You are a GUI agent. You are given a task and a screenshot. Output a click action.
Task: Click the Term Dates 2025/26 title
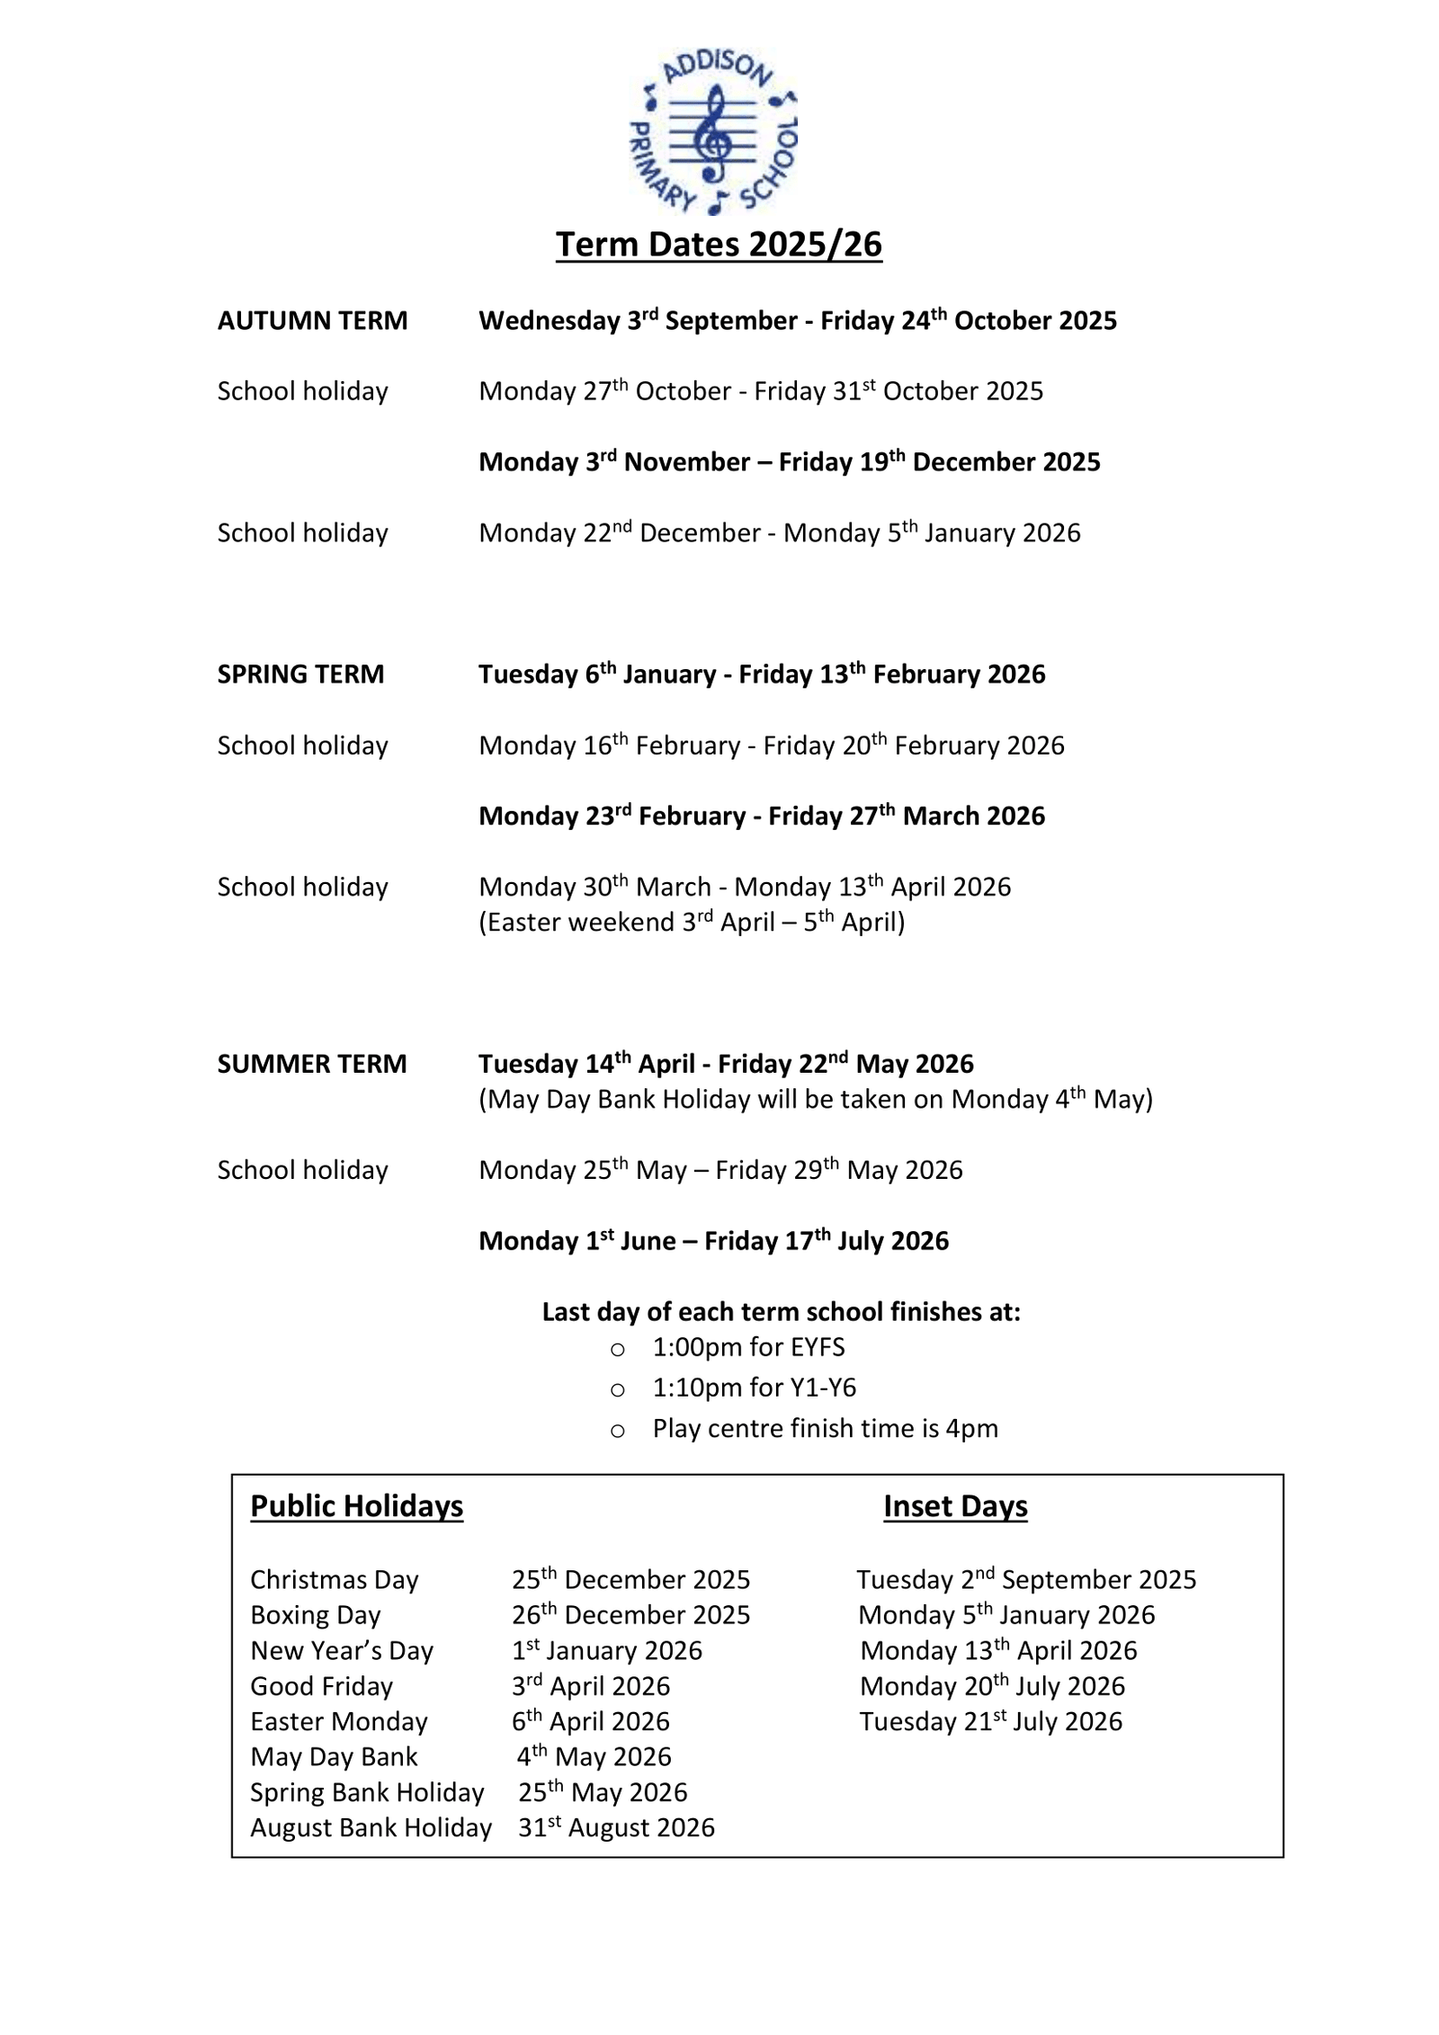(719, 245)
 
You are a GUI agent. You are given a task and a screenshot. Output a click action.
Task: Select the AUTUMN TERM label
(312, 321)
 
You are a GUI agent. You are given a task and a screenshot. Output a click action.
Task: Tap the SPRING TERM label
(300, 674)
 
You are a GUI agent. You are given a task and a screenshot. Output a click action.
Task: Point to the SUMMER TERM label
(312, 1064)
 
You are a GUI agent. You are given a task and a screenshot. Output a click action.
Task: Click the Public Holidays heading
(356, 1506)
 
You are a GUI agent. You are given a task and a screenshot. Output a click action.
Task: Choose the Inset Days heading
(955, 1506)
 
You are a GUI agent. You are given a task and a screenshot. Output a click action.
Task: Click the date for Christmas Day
(630, 1580)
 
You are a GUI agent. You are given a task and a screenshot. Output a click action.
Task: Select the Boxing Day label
(316, 1615)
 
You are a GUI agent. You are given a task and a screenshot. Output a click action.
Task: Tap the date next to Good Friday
(591, 1686)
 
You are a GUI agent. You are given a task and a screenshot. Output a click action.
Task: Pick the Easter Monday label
(339, 1721)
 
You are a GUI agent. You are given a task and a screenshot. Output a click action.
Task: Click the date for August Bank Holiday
(616, 1827)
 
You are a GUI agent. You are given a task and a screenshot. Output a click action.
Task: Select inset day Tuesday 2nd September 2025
(1026, 1580)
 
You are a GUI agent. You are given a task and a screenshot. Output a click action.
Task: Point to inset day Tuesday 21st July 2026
(991, 1721)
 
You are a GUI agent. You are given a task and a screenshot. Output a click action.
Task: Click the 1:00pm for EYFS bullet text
(748, 1347)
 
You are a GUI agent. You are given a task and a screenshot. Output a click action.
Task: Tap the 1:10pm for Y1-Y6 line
(755, 1388)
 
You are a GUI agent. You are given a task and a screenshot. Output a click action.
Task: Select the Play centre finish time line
(826, 1428)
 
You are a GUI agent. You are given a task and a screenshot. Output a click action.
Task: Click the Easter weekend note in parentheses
(692, 923)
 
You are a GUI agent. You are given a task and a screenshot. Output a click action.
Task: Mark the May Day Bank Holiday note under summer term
(816, 1100)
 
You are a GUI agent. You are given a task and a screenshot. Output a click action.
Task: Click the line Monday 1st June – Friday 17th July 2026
(714, 1241)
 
